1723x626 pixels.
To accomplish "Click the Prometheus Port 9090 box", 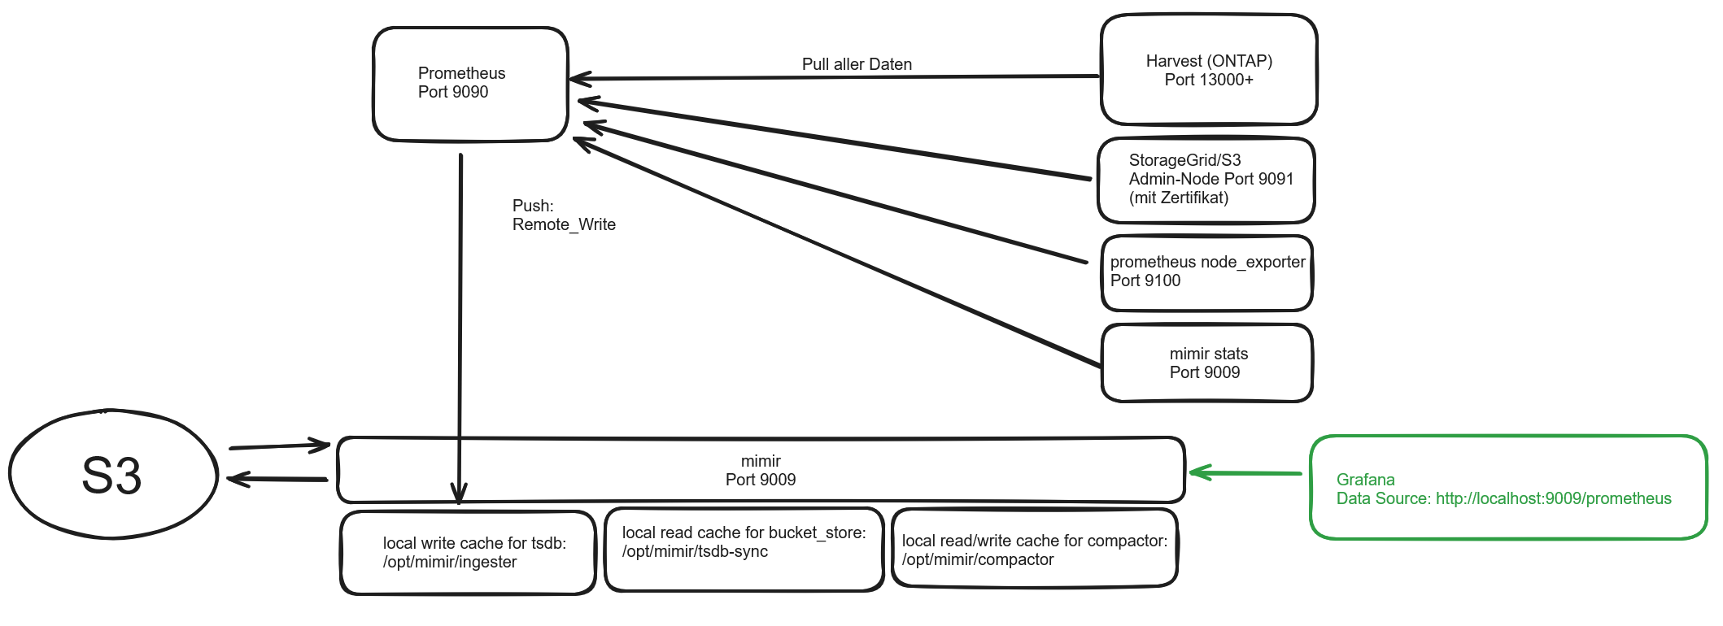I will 470,85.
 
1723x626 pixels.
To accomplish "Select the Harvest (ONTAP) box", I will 1209,70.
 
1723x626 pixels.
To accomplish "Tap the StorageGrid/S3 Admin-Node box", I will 1206,180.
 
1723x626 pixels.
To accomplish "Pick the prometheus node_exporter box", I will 1207,273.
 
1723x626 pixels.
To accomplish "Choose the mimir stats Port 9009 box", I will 1207,363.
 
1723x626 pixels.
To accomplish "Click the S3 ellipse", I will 113,475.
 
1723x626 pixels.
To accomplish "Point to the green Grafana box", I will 1507,488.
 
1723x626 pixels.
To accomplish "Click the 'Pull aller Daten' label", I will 857,64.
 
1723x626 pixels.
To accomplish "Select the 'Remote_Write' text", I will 564,225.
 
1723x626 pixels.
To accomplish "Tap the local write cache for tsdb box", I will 469,553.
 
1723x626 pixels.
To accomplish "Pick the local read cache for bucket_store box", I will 744,550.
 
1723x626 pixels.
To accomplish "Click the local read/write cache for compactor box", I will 1035,548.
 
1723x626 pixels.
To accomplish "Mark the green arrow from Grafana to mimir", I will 1245,472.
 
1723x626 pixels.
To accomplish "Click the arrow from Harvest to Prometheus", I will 834,77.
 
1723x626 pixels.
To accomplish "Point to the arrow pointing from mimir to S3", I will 277,479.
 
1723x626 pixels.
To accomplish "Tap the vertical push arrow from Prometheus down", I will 460,325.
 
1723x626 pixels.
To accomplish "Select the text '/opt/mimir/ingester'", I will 450,563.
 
